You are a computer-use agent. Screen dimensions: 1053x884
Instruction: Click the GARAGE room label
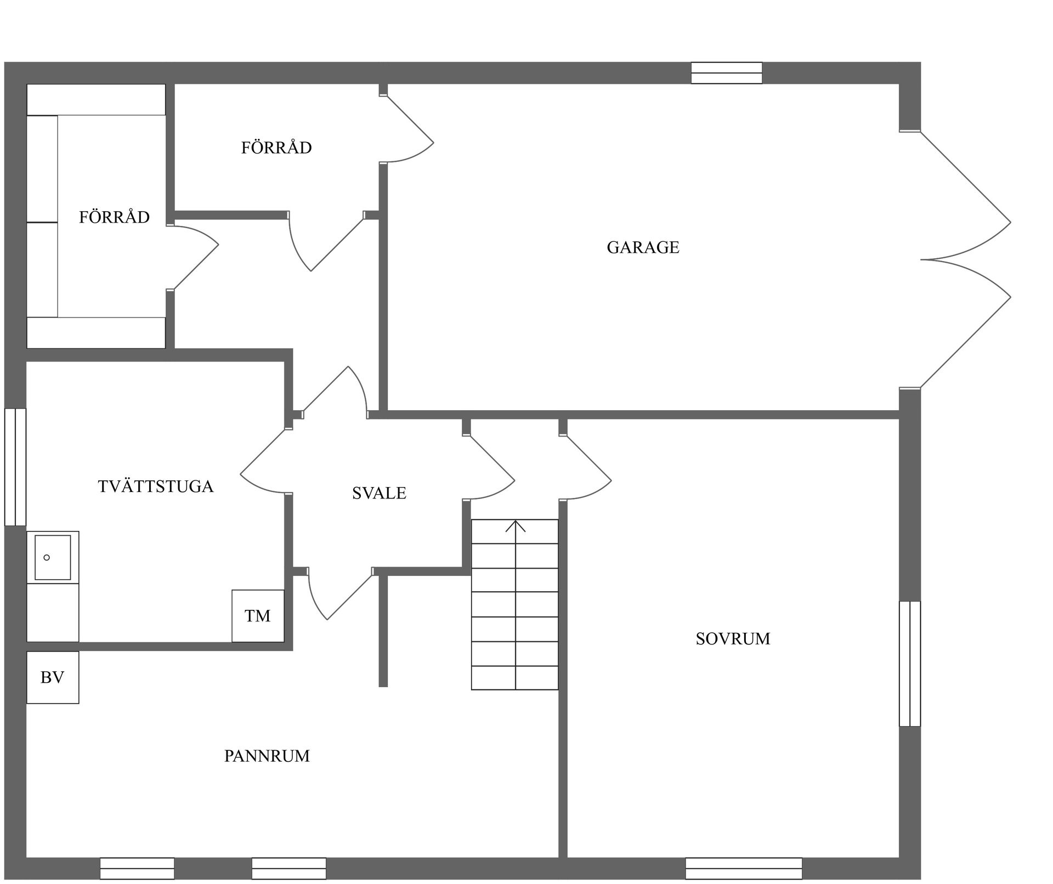643,247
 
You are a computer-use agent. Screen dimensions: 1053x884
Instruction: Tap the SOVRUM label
733,638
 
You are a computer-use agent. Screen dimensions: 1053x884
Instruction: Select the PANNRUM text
267,756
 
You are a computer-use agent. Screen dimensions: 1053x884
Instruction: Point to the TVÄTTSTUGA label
156,486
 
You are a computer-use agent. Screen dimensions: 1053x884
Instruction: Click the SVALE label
379,493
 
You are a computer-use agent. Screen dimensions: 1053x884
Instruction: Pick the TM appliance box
258,616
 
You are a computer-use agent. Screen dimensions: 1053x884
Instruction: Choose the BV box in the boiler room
53,677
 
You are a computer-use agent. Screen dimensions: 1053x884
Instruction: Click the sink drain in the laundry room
47,558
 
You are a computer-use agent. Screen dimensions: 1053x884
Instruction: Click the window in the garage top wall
727,73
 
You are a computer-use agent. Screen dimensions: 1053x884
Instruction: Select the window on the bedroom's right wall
910,664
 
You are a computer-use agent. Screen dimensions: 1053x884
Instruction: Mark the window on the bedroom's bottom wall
744,869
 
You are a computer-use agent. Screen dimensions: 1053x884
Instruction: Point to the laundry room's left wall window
15,467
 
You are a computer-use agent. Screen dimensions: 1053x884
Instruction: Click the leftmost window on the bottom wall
137,869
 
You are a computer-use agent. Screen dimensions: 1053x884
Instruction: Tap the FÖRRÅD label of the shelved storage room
114,217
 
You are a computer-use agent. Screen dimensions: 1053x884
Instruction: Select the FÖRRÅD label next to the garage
276,148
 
